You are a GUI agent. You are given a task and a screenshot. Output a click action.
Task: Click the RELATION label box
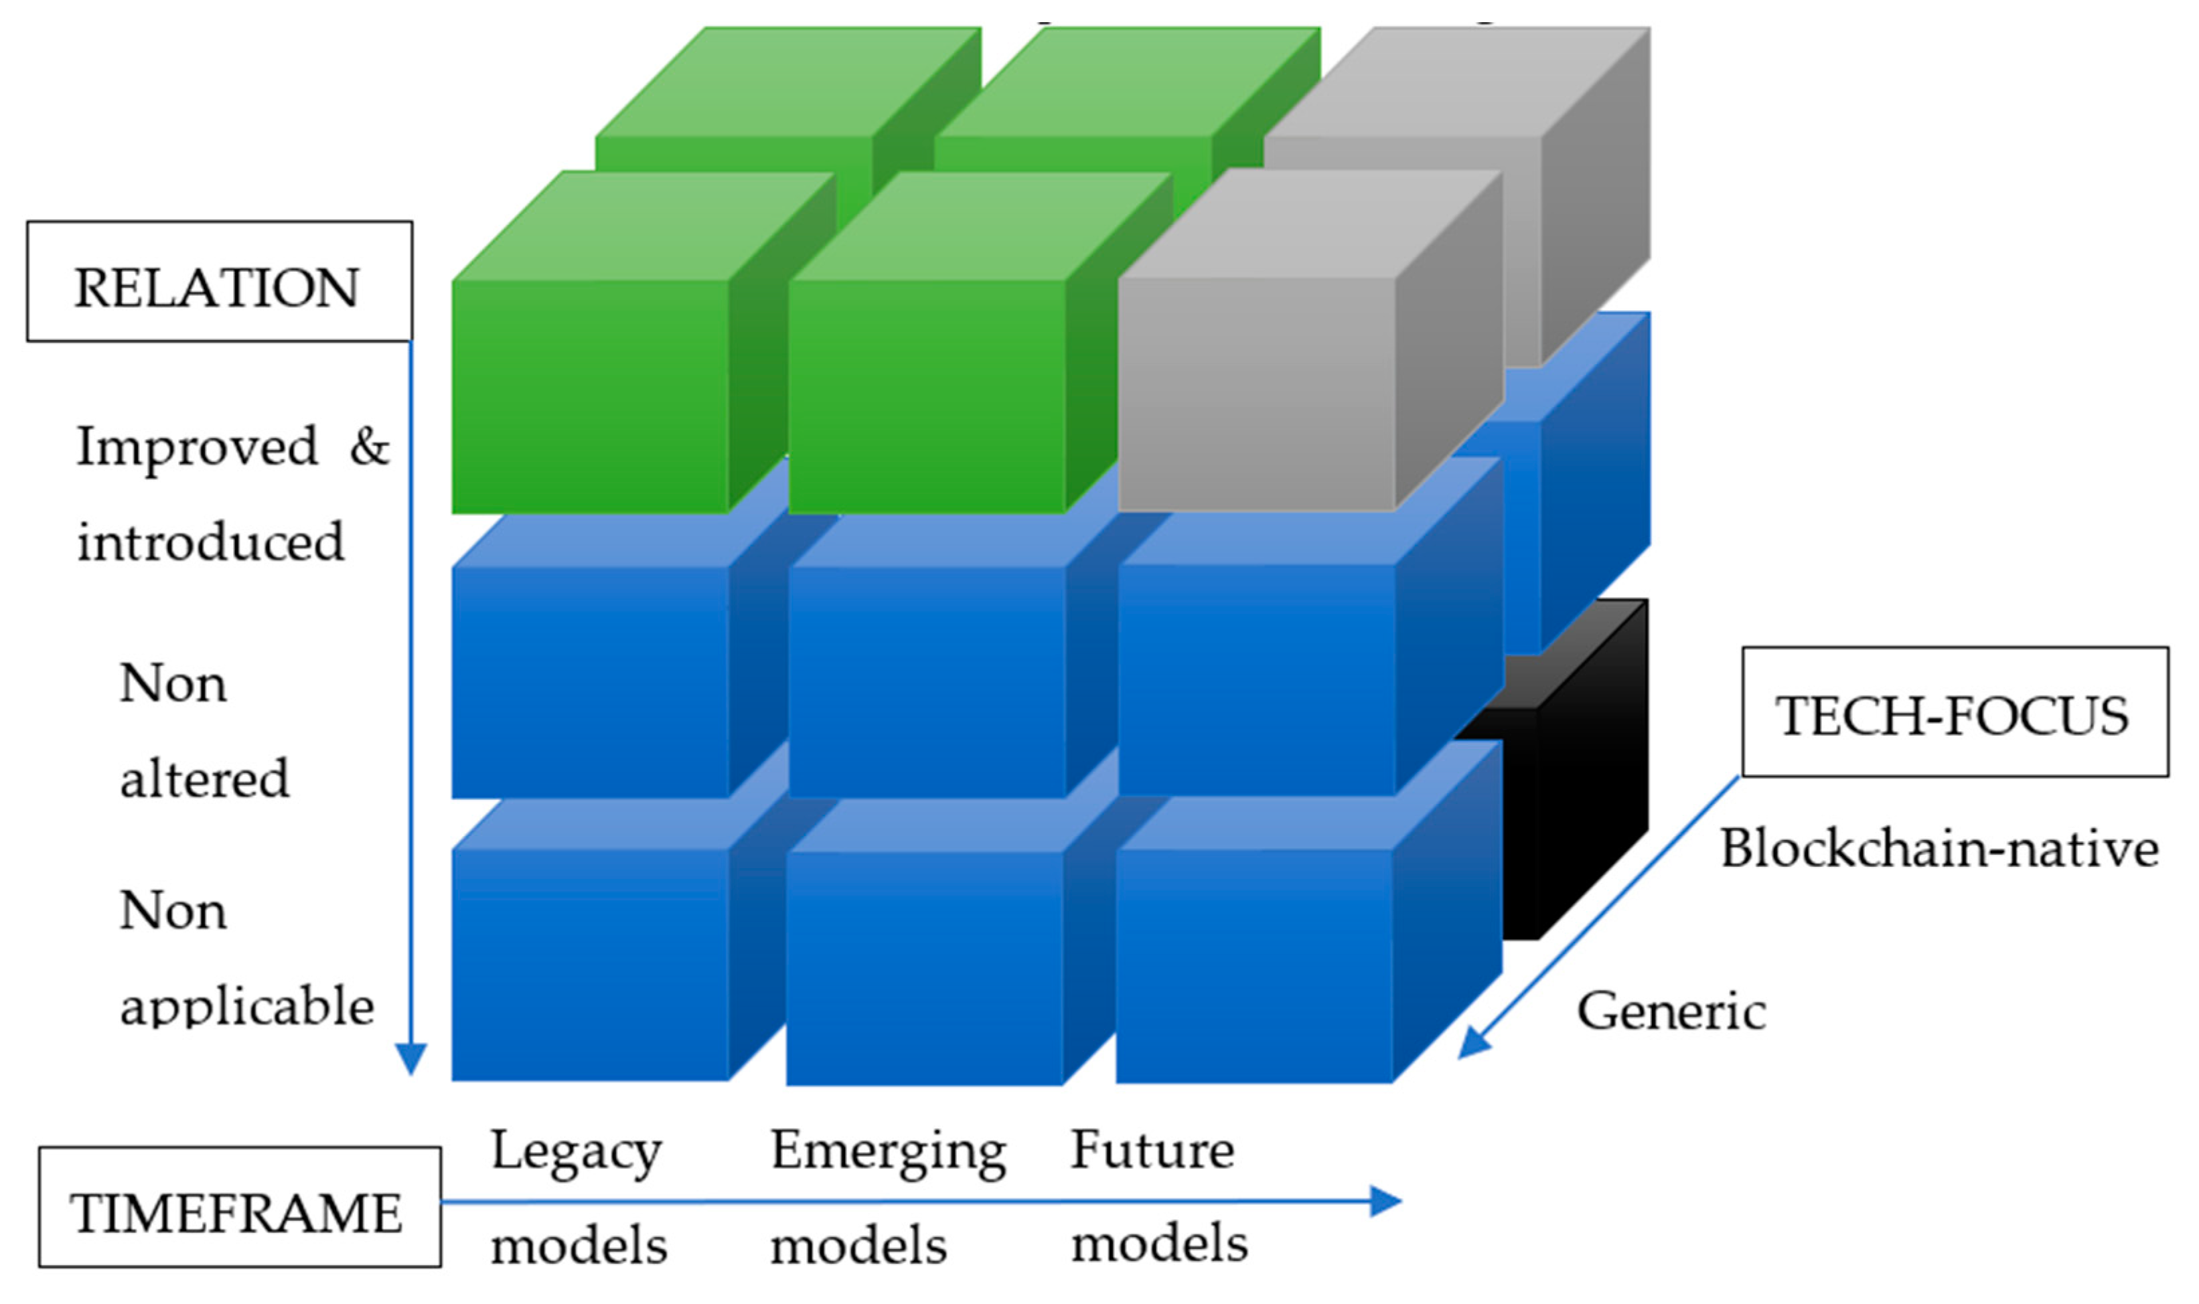[x=219, y=281]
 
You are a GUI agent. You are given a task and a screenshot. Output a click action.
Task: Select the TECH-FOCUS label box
[x=1955, y=712]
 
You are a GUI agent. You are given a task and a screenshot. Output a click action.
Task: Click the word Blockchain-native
[x=1939, y=849]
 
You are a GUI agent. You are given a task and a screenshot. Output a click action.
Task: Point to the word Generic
[x=1671, y=1011]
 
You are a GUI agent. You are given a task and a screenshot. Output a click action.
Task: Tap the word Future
[x=1151, y=1149]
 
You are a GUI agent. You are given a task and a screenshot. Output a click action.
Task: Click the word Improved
[x=197, y=447]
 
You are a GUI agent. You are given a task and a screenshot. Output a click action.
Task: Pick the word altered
[x=204, y=779]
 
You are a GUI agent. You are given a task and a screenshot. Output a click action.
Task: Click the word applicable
[x=247, y=1005]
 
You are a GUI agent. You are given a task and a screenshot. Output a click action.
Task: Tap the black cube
[x=1573, y=791]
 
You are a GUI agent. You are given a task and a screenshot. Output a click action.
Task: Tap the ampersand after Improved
[x=369, y=446]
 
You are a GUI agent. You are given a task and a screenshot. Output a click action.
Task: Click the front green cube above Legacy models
[x=589, y=396]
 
